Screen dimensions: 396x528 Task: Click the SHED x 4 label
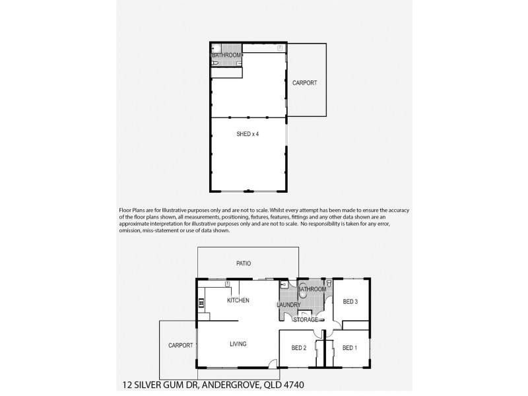(x=247, y=134)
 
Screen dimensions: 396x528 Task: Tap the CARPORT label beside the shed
(x=304, y=83)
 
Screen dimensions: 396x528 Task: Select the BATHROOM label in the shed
(x=226, y=55)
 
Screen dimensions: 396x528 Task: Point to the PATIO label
(x=244, y=263)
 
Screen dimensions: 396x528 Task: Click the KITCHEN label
(x=238, y=300)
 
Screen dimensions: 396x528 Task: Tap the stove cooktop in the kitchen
(x=201, y=304)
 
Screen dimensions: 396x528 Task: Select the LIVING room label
(x=238, y=344)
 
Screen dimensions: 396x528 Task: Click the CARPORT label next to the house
(x=180, y=345)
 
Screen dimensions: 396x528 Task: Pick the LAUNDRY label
(x=288, y=305)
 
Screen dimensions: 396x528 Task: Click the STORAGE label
(x=306, y=320)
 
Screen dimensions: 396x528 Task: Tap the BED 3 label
(x=350, y=302)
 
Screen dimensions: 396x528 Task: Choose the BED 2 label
(x=299, y=348)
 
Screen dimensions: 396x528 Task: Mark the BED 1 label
(x=349, y=348)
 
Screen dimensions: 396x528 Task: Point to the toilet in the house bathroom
(x=328, y=284)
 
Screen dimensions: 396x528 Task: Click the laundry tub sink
(x=284, y=285)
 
